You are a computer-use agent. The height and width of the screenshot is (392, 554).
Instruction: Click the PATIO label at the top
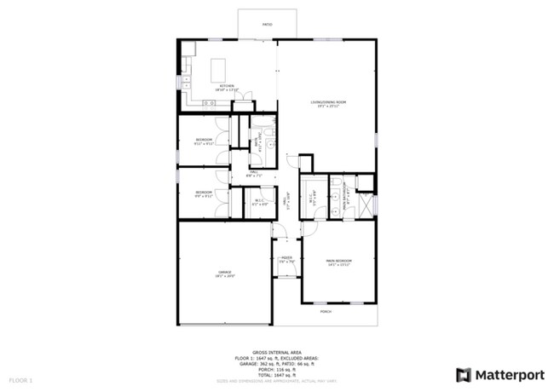tap(267, 26)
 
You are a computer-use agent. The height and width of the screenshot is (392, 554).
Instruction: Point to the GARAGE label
tap(224, 274)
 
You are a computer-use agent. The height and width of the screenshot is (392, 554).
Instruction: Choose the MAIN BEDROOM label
tap(338, 262)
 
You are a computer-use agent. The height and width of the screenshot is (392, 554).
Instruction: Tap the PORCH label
tap(326, 312)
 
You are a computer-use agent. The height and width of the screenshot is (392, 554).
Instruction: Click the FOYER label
tap(286, 259)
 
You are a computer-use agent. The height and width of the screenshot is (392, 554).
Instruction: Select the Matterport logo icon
tap(464, 375)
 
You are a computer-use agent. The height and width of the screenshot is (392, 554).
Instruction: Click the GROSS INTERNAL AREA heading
tap(277, 351)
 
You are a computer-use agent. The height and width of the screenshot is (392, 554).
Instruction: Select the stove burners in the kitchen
tap(209, 103)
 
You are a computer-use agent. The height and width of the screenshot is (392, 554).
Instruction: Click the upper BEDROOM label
tap(204, 141)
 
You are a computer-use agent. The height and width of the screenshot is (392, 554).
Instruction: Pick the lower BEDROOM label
tap(204, 193)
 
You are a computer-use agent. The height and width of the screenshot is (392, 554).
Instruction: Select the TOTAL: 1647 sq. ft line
tap(277, 375)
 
